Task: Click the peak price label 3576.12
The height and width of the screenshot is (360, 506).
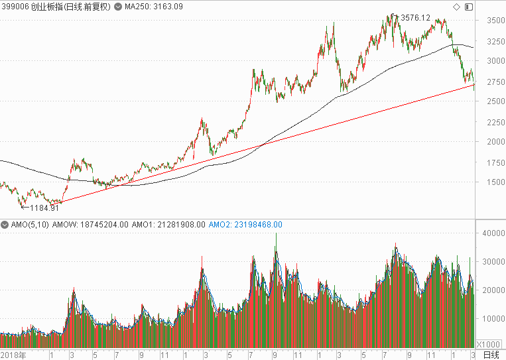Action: pyautogui.click(x=415, y=18)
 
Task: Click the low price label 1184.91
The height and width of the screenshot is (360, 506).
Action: pyautogui.click(x=44, y=208)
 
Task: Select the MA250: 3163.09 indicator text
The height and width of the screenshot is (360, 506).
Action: pyautogui.click(x=154, y=7)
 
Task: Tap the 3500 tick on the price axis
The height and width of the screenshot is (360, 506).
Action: pyautogui.click(x=495, y=21)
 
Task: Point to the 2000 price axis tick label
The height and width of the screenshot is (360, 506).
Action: pyautogui.click(x=495, y=142)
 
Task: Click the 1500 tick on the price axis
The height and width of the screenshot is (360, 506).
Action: pyautogui.click(x=495, y=182)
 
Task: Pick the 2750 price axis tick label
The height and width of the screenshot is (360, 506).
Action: pyautogui.click(x=495, y=82)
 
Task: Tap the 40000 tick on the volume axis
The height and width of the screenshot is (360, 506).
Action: pyautogui.click(x=493, y=233)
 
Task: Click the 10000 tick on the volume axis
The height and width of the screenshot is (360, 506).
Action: pyautogui.click(x=493, y=319)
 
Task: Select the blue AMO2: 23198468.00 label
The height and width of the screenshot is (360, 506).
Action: pyautogui.click(x=245, y=225)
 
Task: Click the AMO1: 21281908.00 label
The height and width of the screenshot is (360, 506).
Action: pyautogui.click(x=168, y=225)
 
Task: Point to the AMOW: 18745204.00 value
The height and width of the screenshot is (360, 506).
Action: pyautogui.click(x=90, y=225)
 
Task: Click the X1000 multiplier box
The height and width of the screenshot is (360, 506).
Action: pyautogui.click(x=488, y=344)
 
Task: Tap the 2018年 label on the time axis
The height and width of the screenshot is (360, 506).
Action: pyautogui.click(x=13, y=355)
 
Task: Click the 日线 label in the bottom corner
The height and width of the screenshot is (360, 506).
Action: pyautogui.click(x=491, y=355)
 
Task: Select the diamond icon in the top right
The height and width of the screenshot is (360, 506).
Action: pyautogui.click(x=456, y=7)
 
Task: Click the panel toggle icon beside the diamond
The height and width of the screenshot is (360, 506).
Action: pyautogui.click(x=469, y=7)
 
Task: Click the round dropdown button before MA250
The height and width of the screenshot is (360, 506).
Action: pyautogui.click(x=118, y=7)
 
